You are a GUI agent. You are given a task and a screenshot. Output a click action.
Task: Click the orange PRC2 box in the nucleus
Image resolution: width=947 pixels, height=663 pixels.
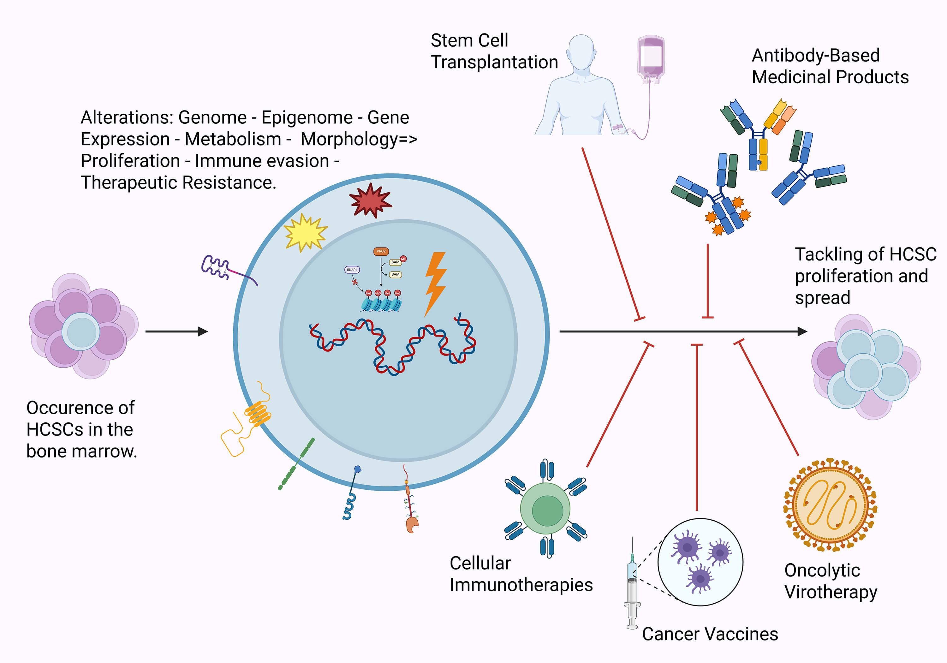coord(381,251)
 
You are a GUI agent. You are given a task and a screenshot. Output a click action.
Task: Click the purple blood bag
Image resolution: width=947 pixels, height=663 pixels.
coord(651,58)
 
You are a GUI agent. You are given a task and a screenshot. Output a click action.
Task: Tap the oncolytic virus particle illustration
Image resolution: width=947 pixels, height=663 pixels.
coord(830,504)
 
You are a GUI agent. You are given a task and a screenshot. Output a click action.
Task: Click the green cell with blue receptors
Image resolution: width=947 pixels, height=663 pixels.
coord(545,509)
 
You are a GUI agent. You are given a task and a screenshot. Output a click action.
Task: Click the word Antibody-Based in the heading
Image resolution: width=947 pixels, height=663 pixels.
coord(815,55)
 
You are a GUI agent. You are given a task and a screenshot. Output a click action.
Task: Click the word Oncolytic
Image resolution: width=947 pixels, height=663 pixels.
coord(822,570)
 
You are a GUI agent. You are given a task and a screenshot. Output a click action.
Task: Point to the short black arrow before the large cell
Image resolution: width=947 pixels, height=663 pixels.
coord(176,331)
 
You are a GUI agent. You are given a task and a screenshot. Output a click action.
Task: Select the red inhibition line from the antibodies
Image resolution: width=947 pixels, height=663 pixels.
coord(707,281)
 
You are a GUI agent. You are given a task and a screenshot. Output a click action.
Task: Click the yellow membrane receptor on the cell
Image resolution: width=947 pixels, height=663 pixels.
coord(257,415)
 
